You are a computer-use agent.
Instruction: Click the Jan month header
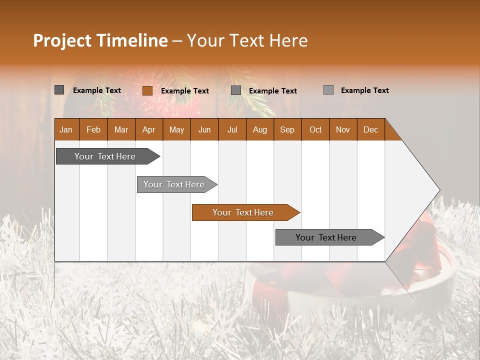(66, 129)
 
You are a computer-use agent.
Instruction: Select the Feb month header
(93, 129)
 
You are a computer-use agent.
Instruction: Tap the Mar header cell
(121, 129)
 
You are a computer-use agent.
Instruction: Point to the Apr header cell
(149, 129)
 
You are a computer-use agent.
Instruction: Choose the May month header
(176, 129)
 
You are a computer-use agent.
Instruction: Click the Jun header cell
(204, 129)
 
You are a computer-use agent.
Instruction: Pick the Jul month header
(232, 129)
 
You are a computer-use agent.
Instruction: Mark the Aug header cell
(260, 129)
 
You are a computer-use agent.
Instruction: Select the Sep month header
(287, 129)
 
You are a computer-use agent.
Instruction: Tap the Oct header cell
(315, 129)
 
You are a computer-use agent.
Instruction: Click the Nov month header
(343, 129)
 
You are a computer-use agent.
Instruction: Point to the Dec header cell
(371, 129)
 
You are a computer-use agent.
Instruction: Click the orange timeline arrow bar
(243, 212)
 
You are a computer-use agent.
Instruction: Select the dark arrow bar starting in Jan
(105, 156)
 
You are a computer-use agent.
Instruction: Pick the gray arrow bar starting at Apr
(174, 184)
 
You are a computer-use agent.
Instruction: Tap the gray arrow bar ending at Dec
(326, 237)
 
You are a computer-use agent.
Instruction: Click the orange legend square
(147, 90)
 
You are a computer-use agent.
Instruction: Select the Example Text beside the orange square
(185, 91)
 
